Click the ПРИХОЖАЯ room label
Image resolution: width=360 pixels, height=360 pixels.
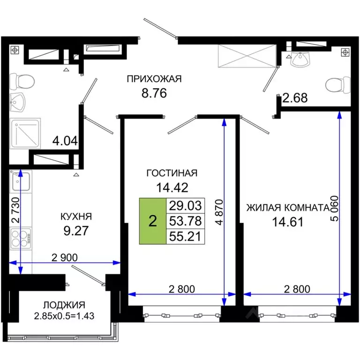point(154,79)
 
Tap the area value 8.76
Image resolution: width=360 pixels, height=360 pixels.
point(154,93)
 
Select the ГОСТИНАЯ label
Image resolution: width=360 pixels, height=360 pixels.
point(172,173)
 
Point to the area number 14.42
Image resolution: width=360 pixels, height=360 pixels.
point(172,187)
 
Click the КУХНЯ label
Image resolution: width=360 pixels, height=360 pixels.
point(76,217)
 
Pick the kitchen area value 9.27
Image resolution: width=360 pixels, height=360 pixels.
point(76,231)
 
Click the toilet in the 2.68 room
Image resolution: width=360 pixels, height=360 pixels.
point(334,85)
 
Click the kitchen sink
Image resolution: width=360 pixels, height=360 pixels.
point(21,180)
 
